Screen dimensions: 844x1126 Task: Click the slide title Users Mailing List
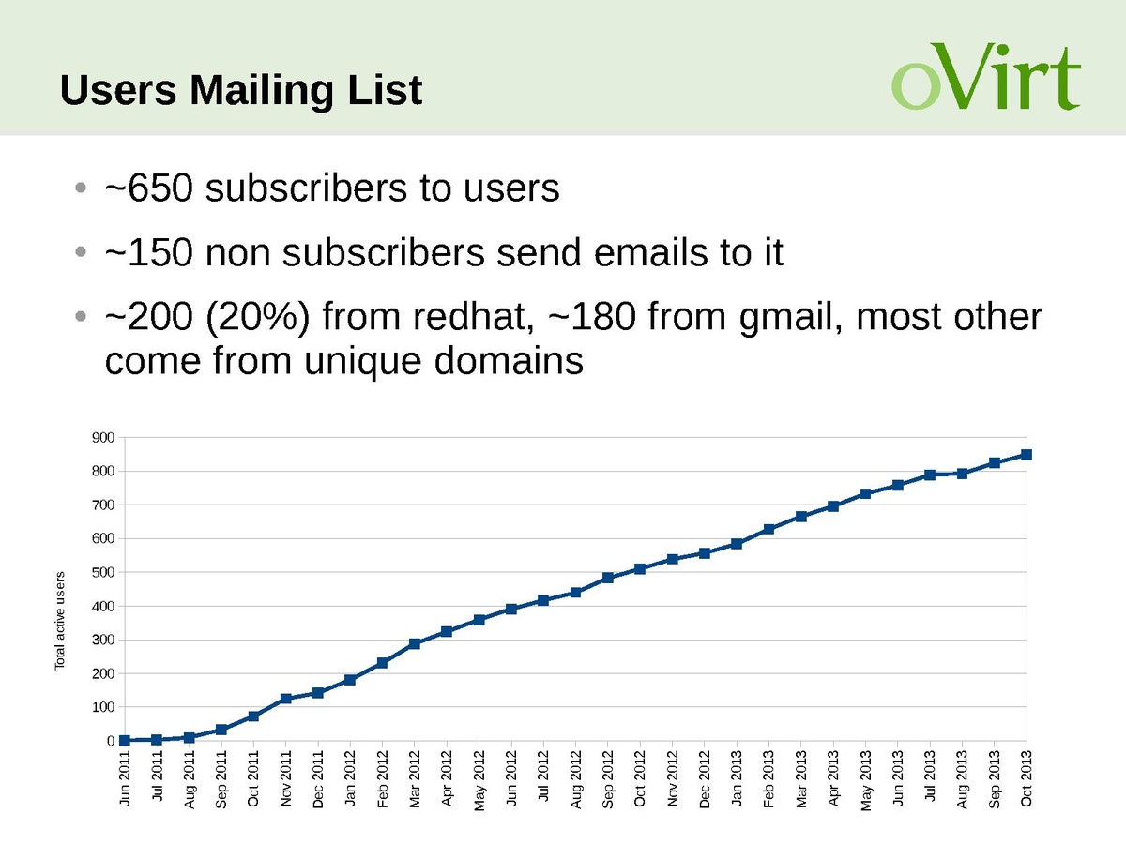pyautogui.click(x=241, y=91)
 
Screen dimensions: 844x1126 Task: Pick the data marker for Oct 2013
pyautogui.click(x=1027, y=455)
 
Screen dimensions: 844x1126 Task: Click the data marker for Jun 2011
pyautogui.click(x=124, y=740)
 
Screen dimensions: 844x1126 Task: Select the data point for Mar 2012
pyautogui.click(x=414, y=643)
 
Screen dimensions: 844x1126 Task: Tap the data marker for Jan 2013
pyautogui.click(x=737, y=544)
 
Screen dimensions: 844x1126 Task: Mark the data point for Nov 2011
pyautogui.click(x=285, y=699)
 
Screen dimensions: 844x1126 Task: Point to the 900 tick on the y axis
pyautogui.click(x=103, y=438)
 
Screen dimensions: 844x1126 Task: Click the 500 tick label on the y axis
pyautogui.click(x=103, y=573)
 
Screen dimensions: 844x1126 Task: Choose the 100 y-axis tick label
pyautogui.click(x=103, y=707)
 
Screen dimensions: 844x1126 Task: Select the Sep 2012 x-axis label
pyautogui.click(x=607, y=777)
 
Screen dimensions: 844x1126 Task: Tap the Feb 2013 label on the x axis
pyautogui.click(x=768, y=777)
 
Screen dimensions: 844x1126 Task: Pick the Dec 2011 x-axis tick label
pyautogui.click(x=317, y=777)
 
